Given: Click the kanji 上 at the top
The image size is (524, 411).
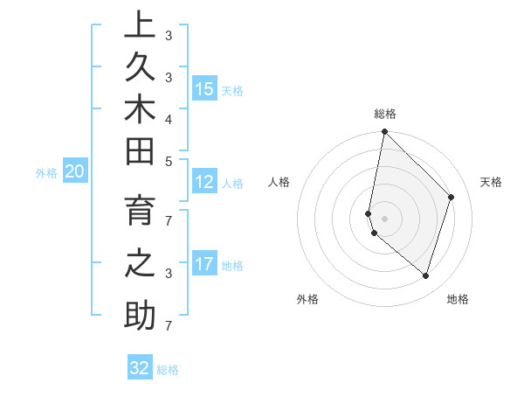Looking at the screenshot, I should click(x=140, y=25).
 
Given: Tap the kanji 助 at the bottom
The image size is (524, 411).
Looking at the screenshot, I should click(x=140, y=314).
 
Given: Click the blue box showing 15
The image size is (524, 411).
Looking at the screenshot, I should click(x=204, y=88).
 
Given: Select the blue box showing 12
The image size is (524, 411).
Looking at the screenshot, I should click(x=204, y=182).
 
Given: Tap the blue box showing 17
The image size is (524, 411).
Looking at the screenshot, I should click(x=204, y=264).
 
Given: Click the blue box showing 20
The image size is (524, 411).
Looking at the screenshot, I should click(x=74, y=172).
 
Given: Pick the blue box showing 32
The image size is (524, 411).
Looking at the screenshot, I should click(x=140, y=368).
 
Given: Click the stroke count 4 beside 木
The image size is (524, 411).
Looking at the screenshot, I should click(x=169, y=118).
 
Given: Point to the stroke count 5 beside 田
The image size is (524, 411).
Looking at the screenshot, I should click(x=169, y=161).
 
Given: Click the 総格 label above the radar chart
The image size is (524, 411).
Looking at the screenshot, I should click(x=384, y=114).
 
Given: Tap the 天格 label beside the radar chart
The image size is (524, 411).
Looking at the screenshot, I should click(x=491, y=182).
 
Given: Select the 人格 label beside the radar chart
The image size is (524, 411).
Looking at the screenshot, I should click(x=279, y=182).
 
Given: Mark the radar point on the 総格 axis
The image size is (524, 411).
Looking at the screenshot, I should click(x=384, y=131).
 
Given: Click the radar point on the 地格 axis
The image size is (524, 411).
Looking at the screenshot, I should click(x=426, y=275).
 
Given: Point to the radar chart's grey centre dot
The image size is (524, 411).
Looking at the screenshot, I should click(x=384, y=218).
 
